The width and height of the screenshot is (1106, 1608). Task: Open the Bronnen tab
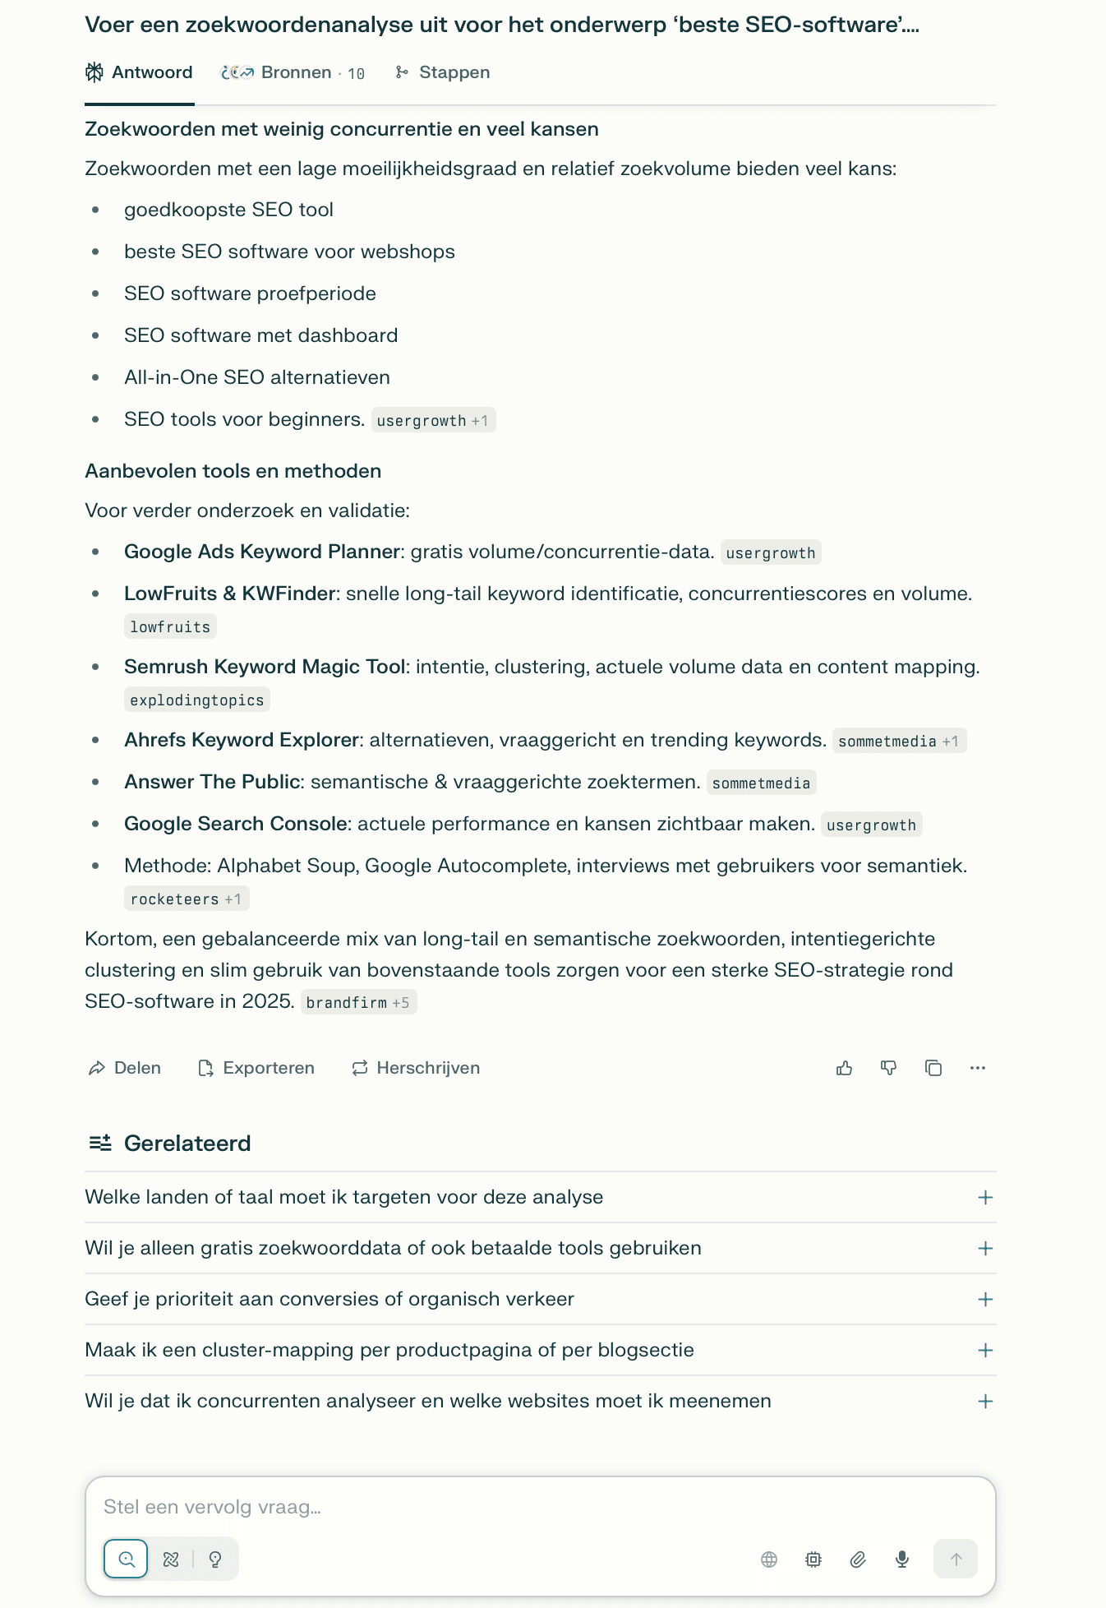tap(293, 73)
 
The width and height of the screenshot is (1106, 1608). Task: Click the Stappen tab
tap(443, 73)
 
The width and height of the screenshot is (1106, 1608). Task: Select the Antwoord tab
tap(140, 73)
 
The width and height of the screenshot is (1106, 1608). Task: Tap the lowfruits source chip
tap(170, 627)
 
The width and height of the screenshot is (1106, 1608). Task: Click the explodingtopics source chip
tap(197, 700)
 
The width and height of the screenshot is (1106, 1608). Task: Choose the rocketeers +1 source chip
tap(187, 899)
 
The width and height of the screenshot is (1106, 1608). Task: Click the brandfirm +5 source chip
tap(358, 1003)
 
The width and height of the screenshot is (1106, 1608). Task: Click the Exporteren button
tap(256, 1068)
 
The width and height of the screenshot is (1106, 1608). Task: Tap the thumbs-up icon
tap(844, 1068)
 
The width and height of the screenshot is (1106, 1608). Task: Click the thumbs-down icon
tap(888, 1068)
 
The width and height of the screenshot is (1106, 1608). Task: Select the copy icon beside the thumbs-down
tap(933, 1068)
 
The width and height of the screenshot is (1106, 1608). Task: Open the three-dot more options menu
tap(977, 1068)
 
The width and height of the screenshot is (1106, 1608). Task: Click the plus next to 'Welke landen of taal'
tap(985, 1198)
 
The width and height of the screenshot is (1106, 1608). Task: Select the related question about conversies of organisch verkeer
tap(329, 1299)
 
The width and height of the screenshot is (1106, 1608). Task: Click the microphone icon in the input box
tap(902, 1559)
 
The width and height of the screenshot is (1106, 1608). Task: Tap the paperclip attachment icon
tap(858, 1559)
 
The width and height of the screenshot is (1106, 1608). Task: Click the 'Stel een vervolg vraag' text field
tap(493, 1507)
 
